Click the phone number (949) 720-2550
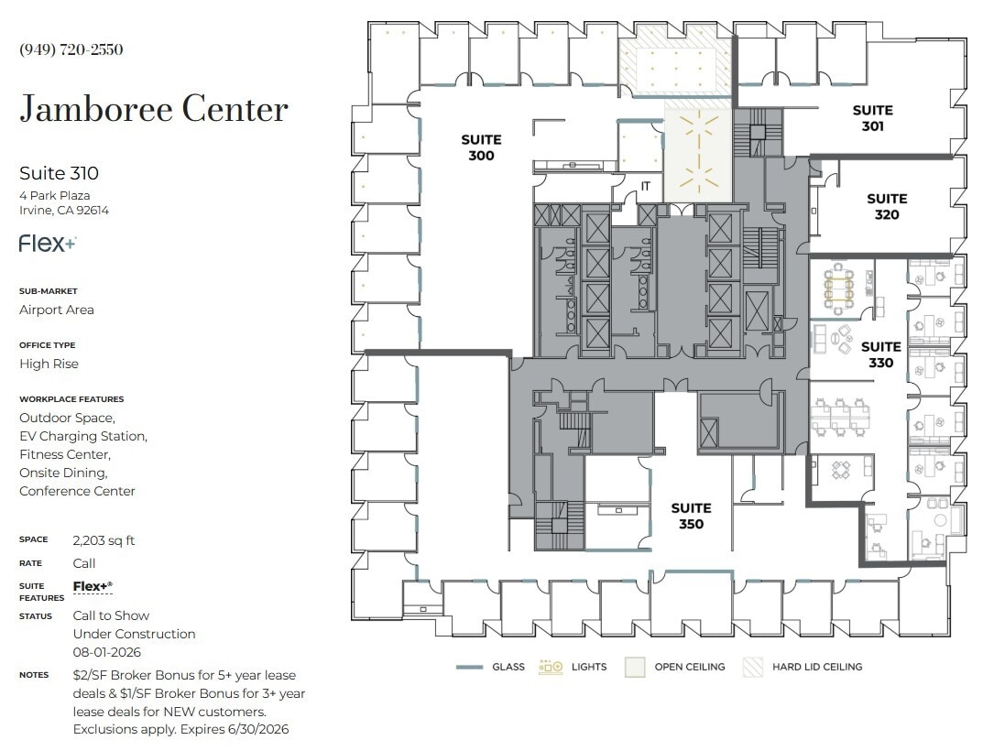[x=71, y=49]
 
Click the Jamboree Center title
[x=154, y=110]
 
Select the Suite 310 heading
[x=59, y=173]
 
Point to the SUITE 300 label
[x=481, y=147]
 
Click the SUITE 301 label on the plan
[x=872, y=118]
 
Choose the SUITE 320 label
[x=887, y=206]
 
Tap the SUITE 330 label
[x=880, y=354]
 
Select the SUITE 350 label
[x=691, y=516]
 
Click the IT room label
[x=646, y=186]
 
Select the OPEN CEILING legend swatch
[x=635, y=667]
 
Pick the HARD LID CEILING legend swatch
[x=752, y=667]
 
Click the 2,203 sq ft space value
[x=104, y=540]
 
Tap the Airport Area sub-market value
[x=57, y=310]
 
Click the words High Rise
[x=49, y=364]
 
